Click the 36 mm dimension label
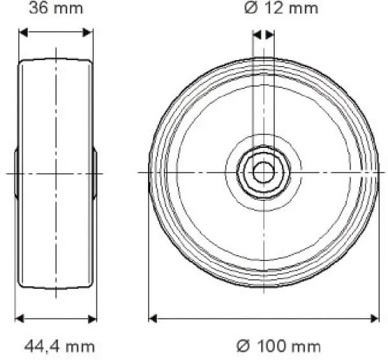click(x=56, y=8)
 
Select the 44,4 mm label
click(x=59, y=346)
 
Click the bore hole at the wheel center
click(x=263, y=173)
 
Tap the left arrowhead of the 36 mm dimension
click(x=23, y=32)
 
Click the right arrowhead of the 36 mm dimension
click(x=89, y=32)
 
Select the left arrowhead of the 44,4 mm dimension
click(x=19, y=318)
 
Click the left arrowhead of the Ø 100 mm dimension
click(x=153, y=318)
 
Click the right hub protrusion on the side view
click(x=95, y=173)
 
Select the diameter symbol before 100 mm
click(x=242, y=346)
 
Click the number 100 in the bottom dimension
click(x=271, y=346)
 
